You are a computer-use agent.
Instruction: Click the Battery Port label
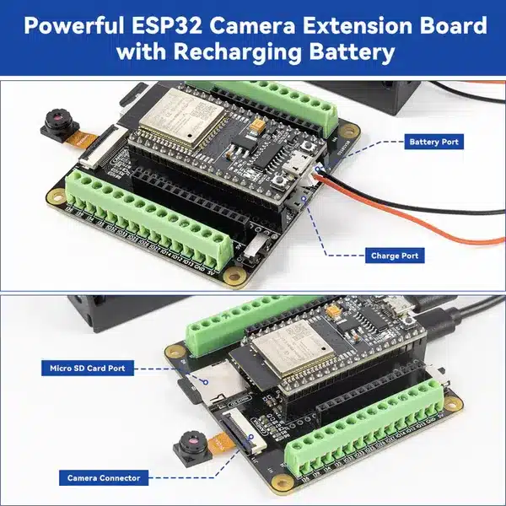coord(433,142)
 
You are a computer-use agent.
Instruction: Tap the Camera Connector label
coord(104,478)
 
